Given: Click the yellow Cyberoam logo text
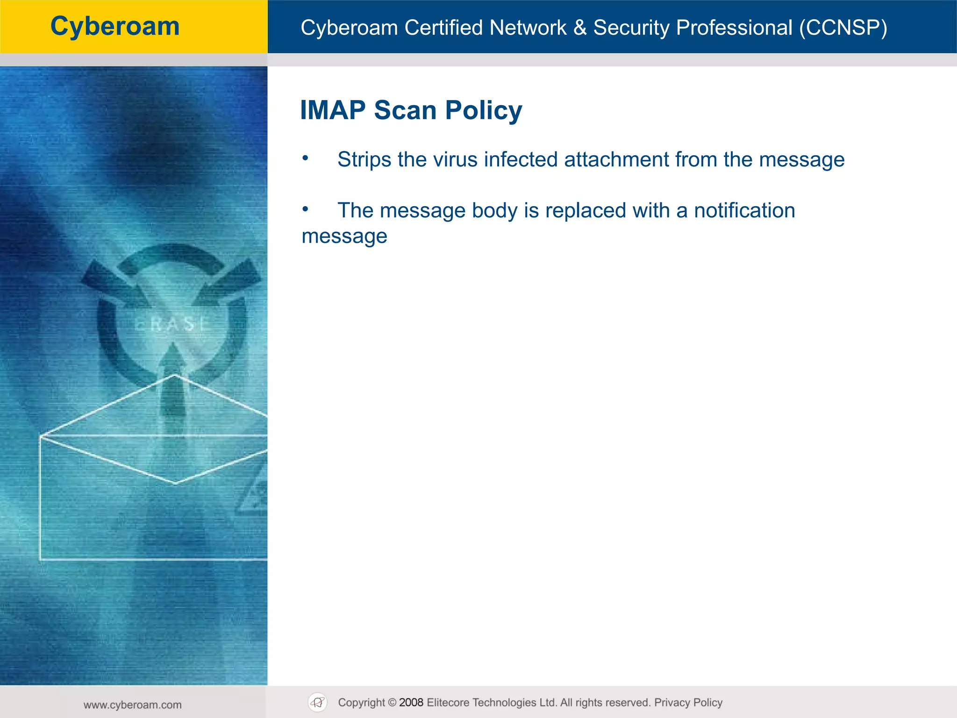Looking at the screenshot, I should click(x=115, y=26).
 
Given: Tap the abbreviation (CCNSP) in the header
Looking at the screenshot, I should click(x=843, y=28).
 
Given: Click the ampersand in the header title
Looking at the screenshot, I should click(x=580, y=28).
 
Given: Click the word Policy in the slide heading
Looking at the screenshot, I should click(x=483, y=111).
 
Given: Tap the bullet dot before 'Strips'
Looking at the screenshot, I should click(x=305, y=158).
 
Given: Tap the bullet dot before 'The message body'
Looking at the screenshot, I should click(x=305, y=209).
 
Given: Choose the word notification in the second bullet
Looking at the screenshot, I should click(x=744, y=210).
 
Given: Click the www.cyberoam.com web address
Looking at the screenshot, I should click(x=133, y=705).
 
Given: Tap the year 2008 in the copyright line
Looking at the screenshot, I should click(x=411, y=703).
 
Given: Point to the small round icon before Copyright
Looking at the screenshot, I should click(x=318, y=703).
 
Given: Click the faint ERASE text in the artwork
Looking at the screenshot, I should click(x=172, y=324).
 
